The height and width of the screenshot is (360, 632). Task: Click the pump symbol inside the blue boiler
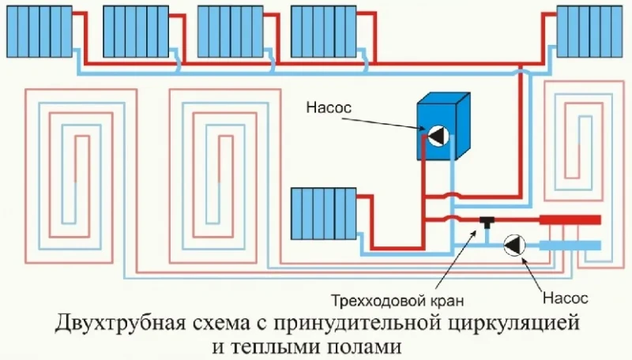[x=438, y=135]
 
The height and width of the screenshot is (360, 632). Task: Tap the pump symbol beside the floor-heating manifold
[x=515, y=245]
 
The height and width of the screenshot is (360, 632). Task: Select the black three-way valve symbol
[x=487, y=222]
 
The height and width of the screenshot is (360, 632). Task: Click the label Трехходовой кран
[x=397, y=301]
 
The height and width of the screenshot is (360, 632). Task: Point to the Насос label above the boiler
[x=329, y=107]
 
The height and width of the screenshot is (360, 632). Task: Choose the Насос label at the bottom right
[x=565, y=298]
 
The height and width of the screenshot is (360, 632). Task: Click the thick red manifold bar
[x=570, y=219]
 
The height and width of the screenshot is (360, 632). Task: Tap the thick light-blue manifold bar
[x=570, y=246]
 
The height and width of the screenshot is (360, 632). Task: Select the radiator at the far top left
[x=39, y=32]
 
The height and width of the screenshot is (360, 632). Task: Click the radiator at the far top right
[x=589, y=32]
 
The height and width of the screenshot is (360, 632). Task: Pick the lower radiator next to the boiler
[x=324, y=213]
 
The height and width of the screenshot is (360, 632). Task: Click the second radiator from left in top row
[x=136, y=32]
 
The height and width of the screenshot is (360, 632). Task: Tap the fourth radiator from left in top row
[x=324, y=32]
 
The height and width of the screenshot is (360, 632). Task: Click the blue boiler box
[x=443, y=126]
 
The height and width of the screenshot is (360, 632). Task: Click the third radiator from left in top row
[x=230, y=32]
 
